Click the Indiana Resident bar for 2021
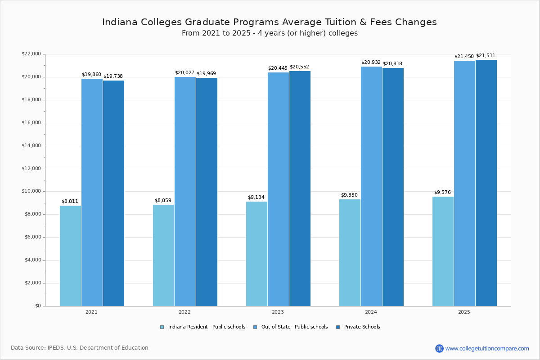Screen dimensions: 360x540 click(x=70, y=256)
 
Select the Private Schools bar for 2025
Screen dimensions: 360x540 click(x=486, y=183)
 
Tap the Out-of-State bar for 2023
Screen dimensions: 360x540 click(x=278, y=189)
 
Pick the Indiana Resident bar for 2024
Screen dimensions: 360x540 click(x=350, y=252)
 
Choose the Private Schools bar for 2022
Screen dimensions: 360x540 click(x=207, y=192)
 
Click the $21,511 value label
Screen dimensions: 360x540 click(x=486, y=56)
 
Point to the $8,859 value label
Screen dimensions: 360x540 click(x=163, y=201)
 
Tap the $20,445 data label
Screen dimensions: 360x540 click(x=278, y=68)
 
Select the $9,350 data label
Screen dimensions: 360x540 click(x=349, y=195)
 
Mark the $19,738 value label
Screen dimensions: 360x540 click(x=113, y=76)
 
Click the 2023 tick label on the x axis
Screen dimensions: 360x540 click(x=278, y=312)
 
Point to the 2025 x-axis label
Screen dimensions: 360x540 click(x=464, y=312)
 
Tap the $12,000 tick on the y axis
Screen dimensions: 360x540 click(x=31, y=169)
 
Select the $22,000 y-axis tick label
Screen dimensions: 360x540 click(x=31, y=54)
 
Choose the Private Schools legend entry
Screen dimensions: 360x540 click(x=362, y=327)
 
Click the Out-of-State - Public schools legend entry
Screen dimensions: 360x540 click(x=294, y=327)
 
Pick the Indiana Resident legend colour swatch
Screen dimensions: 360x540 click(x=162, y=327)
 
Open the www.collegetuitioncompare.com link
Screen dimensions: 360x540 click(x=487, y=348)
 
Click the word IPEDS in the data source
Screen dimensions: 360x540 click(x=56, y=348)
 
